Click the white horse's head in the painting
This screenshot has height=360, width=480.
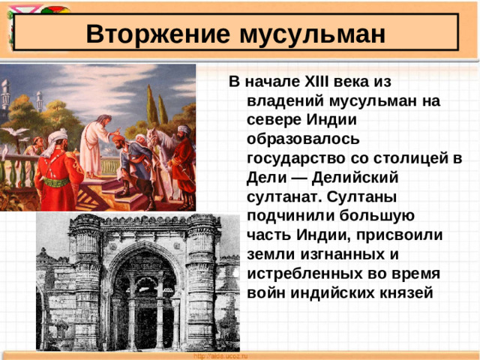[x=153, y=137]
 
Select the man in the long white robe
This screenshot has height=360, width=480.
[x=93, y=146]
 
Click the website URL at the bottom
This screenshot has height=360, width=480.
[x=220, y=355]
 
